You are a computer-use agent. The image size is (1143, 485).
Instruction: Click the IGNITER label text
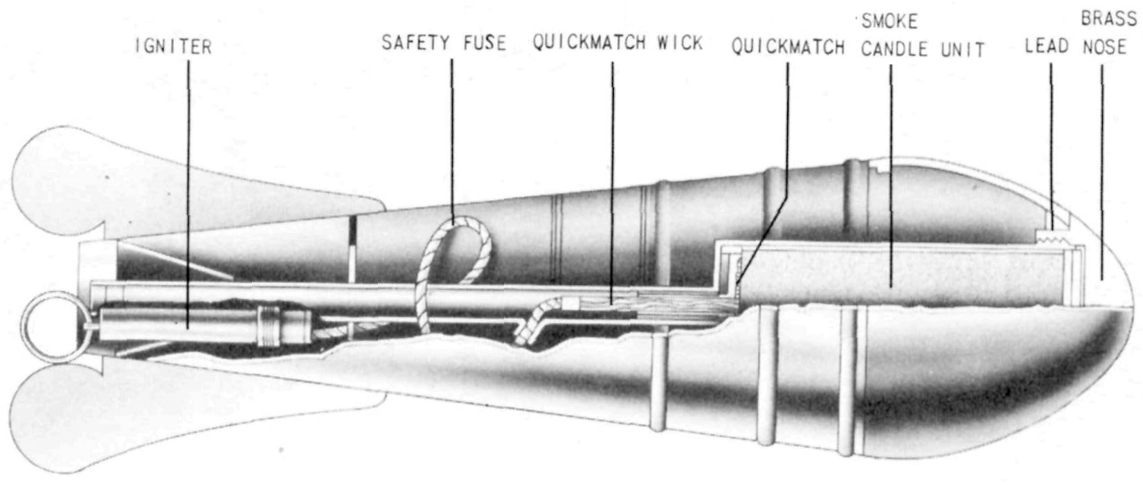click(173, 47)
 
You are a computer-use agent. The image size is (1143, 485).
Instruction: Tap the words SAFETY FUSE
click(444, 43)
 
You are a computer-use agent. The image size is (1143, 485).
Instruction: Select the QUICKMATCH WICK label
click(618, 42)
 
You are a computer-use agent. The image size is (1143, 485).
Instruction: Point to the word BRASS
click(1108, 19)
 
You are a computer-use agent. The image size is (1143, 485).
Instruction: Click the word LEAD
click(1047, 46)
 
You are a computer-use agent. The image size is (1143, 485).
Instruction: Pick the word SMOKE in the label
click(890, 21)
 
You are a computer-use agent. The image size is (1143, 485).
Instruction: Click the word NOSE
click(1105, 47)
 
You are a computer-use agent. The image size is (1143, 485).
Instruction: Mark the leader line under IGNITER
click(188, 194)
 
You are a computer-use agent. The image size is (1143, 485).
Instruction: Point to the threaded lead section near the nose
click(1054, 237)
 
